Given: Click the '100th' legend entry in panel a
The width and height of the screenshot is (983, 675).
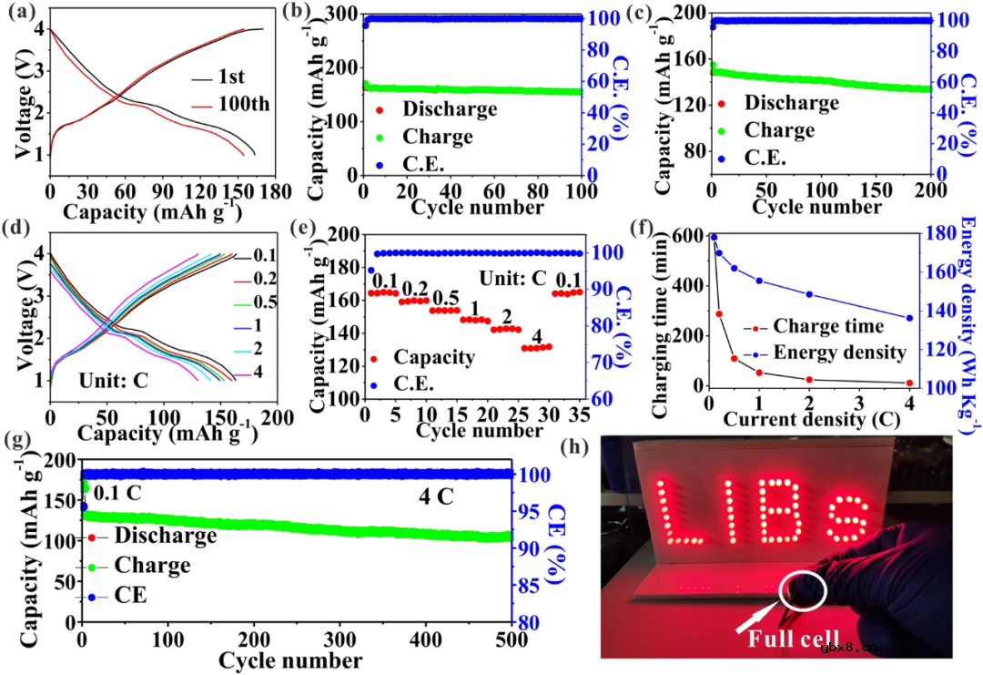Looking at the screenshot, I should (244, 103).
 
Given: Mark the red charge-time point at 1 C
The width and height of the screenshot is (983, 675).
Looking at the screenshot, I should (759, 372).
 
